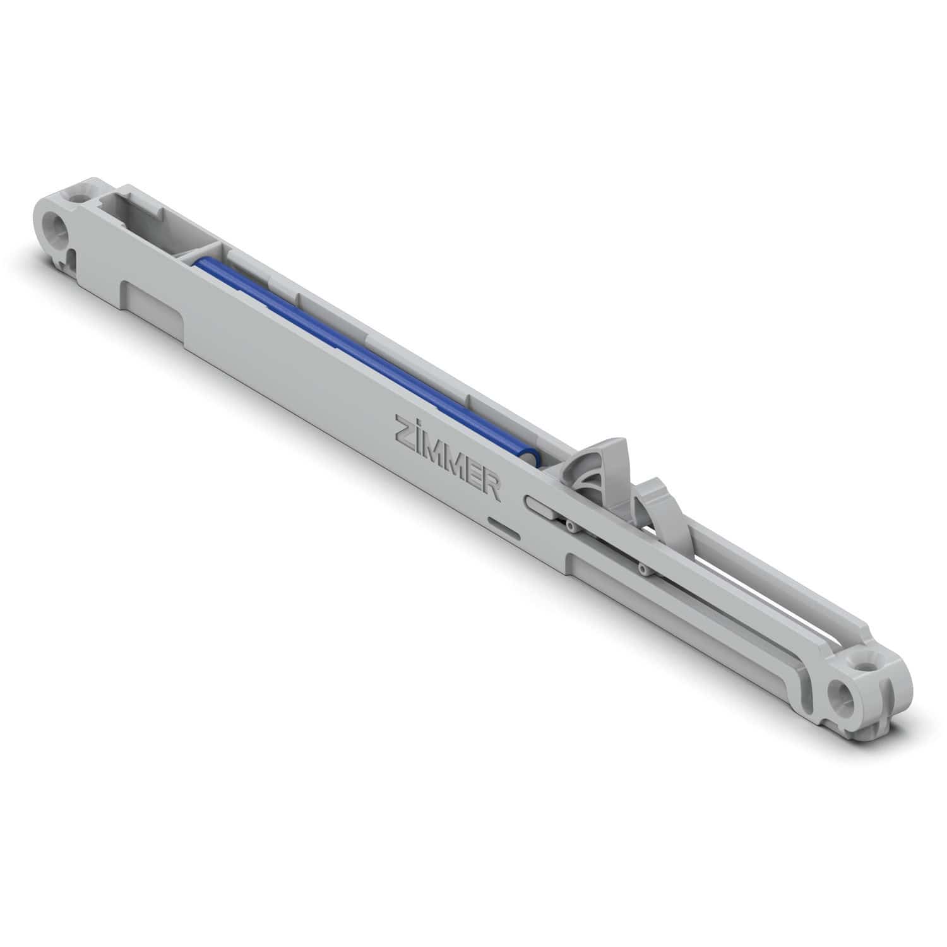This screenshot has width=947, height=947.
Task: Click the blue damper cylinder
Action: [360, 354]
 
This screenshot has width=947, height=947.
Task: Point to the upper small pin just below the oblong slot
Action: [569, 525]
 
